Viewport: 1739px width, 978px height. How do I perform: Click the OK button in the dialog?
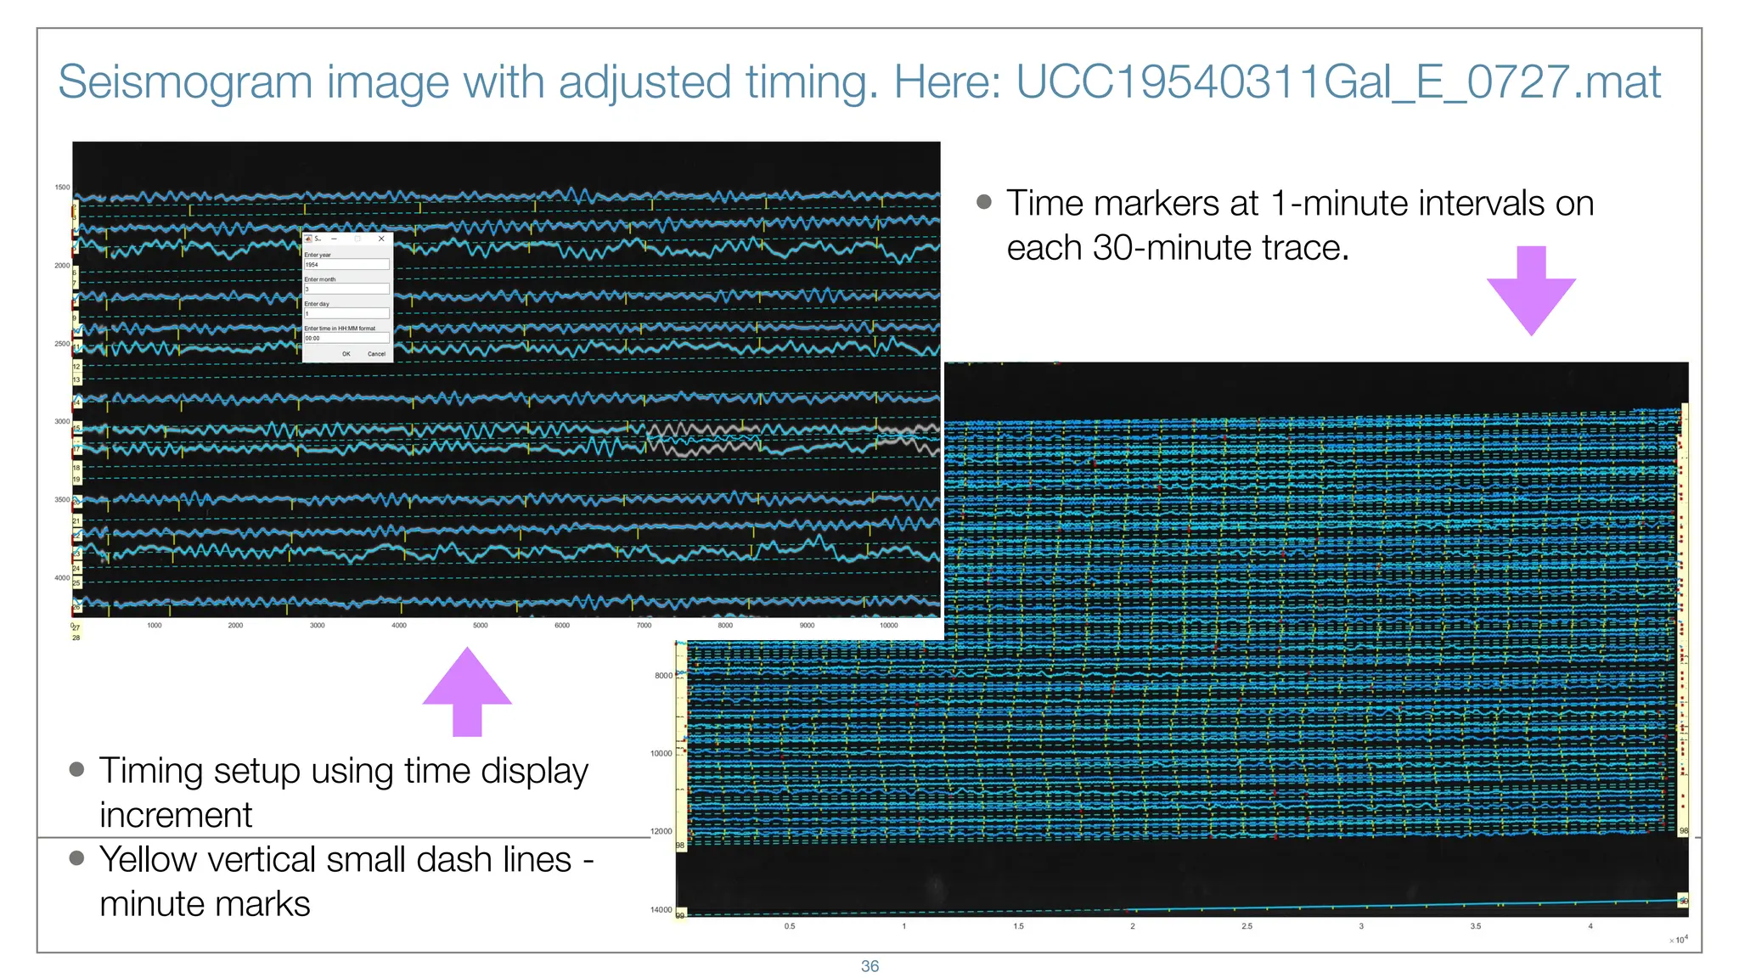pyautogui.click(x=346, y=354)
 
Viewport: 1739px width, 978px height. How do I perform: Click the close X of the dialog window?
pyautogui.click(x=381, y=239)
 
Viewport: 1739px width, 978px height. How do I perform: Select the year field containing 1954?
pyautogui.click(x=346, y=265)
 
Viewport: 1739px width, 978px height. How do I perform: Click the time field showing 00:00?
pyautogui.click(x=346, y=338)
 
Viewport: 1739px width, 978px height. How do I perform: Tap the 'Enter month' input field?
pyautogui.click(x=346, y=289)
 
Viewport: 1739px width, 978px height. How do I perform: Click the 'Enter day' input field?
pyautogui.click(x=346, y=314)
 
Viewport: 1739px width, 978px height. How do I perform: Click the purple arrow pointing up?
pyautogui.click(x=467, y=691)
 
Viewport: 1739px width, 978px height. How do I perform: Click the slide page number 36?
pyautogui.click(x=869, y=966)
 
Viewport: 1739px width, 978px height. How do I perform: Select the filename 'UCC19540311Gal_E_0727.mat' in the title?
pyautogui.click(x=1338, y=82)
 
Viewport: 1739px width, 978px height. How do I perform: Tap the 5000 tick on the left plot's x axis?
pyautogui.click(x=481, y=626)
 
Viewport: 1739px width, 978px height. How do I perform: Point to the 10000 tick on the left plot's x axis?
pyautogui.click(x=888, y=626)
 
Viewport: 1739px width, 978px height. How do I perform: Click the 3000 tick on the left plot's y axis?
pyautogui.click(x=62, y=422)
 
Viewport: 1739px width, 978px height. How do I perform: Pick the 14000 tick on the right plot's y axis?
pyautogui.click(x=661, y=910)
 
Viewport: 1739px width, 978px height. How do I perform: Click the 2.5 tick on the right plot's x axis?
pyautogui.click(x=1247, y=926)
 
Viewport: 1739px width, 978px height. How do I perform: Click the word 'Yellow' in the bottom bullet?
pyautogui.click(x=148, y=860)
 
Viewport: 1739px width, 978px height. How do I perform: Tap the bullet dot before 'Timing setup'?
pyautogui.click(x=77, y=769)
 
